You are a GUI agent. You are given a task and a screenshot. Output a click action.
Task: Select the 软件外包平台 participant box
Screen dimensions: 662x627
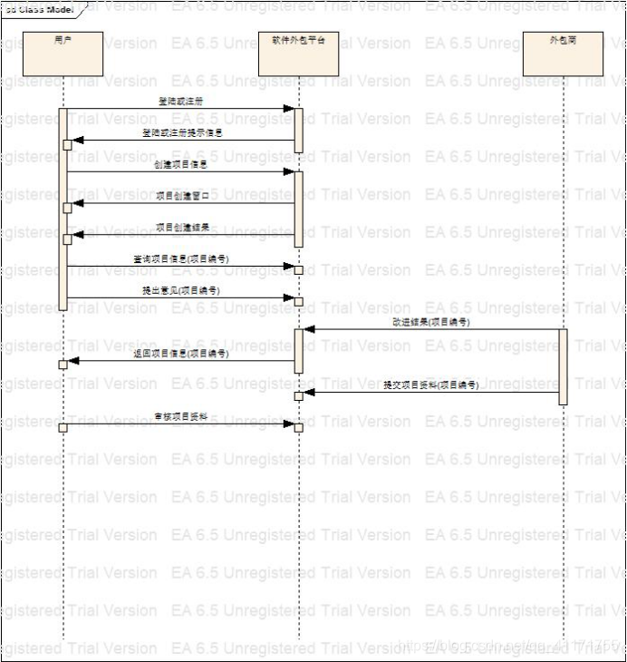[x=298, y=54]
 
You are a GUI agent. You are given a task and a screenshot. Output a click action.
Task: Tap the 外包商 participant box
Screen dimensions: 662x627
[x=563, y=54]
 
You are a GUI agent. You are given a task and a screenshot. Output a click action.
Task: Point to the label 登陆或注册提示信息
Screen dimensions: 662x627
[x=181, y=132]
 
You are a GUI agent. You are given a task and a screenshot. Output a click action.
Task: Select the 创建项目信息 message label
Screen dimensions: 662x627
[x=180, y=164]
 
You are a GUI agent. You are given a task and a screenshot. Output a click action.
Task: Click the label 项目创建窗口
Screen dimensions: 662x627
[x=181, y=195]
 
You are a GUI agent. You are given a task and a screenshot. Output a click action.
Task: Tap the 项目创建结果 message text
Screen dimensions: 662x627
[x=182, y=227]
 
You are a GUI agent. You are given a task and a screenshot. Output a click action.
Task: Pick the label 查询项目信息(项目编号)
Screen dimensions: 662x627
[x=180, y=258]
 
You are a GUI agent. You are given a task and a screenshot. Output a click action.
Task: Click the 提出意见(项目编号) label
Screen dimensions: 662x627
[x=181, y=290]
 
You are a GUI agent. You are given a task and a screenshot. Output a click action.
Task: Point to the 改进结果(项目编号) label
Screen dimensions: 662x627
[x=431, y=322]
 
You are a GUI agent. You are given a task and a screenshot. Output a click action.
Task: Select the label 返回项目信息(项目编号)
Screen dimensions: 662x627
[x=181, y=354]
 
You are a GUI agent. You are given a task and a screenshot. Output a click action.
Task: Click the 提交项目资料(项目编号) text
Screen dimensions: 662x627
[x=430, y=385]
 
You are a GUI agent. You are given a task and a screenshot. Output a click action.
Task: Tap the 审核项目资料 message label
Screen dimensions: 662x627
[x=181, y=417]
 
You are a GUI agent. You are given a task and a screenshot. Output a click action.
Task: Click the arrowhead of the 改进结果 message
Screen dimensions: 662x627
[x=309, y=330]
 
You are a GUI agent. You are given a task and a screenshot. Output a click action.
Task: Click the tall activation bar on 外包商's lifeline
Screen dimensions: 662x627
[x=563, y=366]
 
